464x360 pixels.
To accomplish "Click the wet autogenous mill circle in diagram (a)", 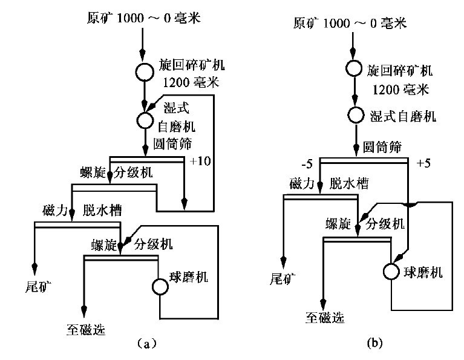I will [x=145, y=119].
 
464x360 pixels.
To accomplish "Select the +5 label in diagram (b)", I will [x=425, y=164].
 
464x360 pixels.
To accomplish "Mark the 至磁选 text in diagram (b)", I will [x=325, y=316].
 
